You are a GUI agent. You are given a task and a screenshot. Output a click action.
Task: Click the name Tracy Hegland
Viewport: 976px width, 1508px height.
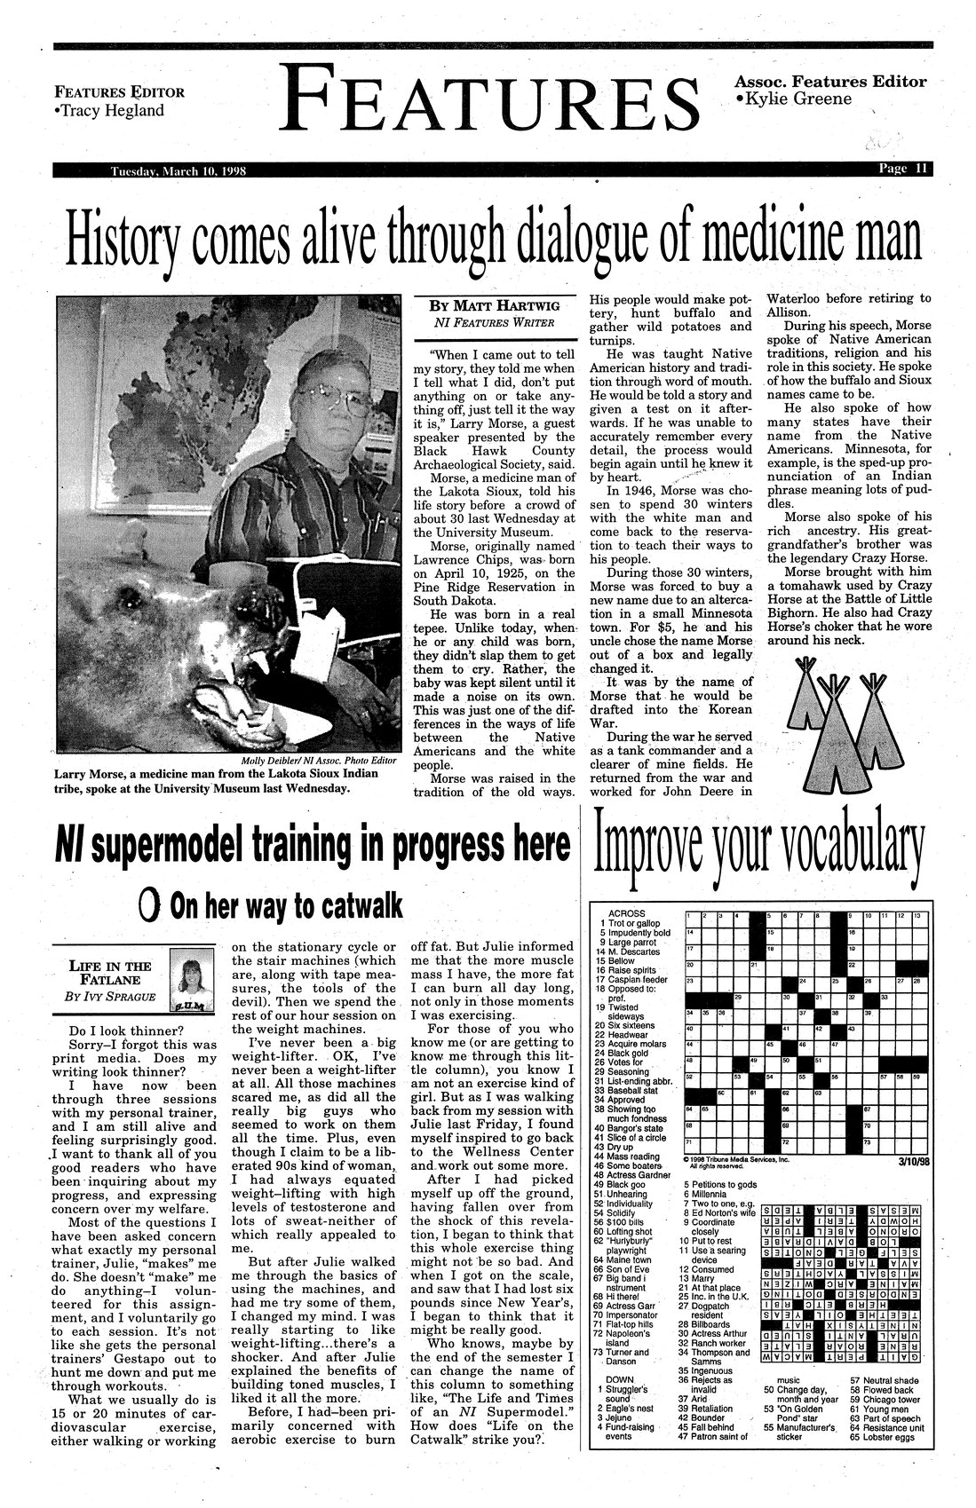pos(110,110)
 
